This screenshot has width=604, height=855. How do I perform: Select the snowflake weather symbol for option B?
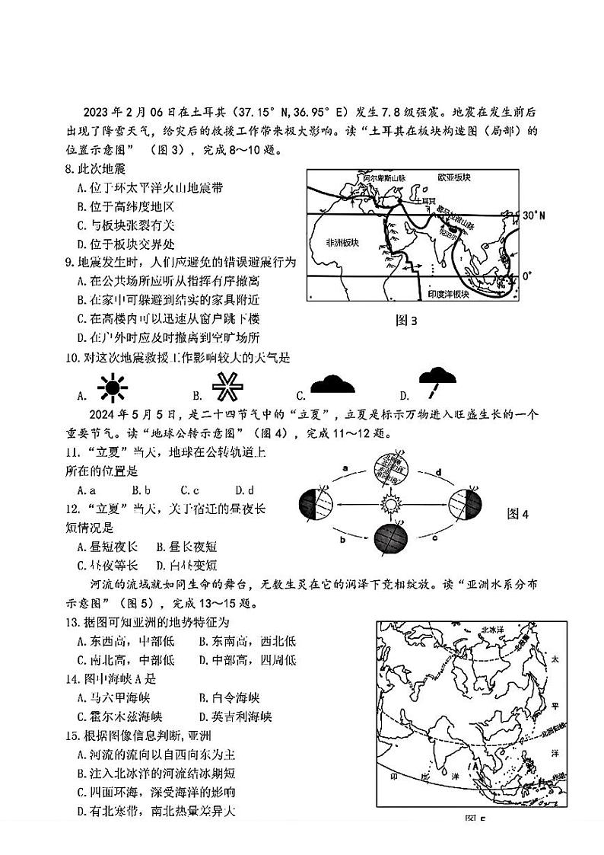tap(226, 389)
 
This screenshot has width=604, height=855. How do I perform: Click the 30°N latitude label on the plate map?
tap(534, 216)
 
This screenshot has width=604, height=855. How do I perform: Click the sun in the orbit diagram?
tap(393, 502)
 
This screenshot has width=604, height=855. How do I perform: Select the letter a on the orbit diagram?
tap(345, 467)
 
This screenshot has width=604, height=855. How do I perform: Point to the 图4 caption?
tap(517, 514)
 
